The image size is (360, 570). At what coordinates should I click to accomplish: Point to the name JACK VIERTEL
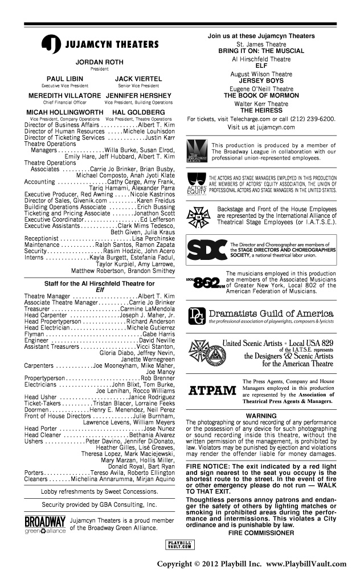pyautogui.click(x=134, y=79)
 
